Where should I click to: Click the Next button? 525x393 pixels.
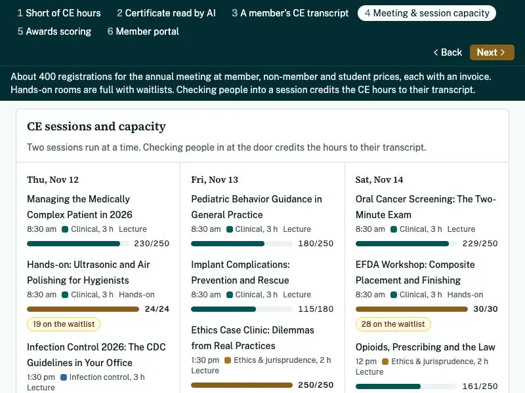(492, 52)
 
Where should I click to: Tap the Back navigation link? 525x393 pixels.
(448, 52)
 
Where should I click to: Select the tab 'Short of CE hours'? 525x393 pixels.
(59, 13)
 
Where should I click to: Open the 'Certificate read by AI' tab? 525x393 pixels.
(166, 13)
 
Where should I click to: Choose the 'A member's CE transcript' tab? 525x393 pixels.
(290, 13)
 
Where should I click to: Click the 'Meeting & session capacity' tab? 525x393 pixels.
(427, 13)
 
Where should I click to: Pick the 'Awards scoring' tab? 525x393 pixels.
(54, 31)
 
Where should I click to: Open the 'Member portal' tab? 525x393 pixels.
(143, 31)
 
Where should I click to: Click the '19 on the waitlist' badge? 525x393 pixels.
(64, 324)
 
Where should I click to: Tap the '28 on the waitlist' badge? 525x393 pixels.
(393, 324)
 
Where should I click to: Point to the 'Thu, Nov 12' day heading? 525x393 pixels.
(53, 179)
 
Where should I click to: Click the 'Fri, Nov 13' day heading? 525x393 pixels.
(215, 179)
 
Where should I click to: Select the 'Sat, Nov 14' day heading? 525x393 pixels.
(379, 179)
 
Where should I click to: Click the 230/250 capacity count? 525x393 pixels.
(152, 244)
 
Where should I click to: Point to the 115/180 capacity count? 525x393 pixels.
(316, 309)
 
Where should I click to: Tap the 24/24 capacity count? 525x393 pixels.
(157, 309)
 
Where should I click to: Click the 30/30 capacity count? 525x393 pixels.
(486, 309)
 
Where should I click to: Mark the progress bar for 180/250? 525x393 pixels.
(241, 244)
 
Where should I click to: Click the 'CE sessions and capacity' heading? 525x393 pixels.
(96, 126)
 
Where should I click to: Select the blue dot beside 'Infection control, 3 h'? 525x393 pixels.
(64, 377)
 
